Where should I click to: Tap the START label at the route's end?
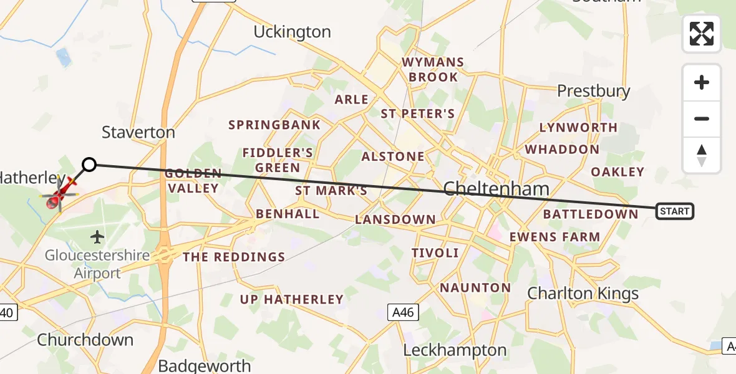674,211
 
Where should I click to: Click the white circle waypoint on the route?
89,165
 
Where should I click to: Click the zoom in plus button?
702,82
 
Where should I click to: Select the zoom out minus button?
702,118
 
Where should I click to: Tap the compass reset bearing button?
702,155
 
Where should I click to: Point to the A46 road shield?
402,312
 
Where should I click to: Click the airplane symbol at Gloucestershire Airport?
97,237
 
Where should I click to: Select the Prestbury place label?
593,91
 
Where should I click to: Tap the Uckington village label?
292,32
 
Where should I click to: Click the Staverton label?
138,132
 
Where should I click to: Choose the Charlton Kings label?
583,293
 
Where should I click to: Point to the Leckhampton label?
455,350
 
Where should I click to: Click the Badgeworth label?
205,365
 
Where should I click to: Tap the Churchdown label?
85,340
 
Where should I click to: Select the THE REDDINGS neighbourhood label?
234,257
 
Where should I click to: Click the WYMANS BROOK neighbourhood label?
433,70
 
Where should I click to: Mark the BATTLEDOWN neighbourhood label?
591,214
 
